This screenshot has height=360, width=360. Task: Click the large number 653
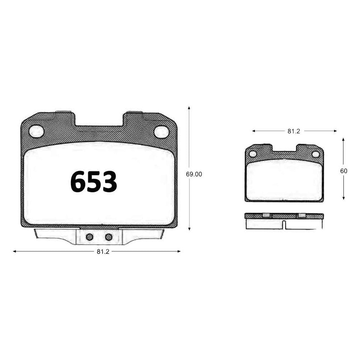[x=94, y=181]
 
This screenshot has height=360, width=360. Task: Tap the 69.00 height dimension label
[x=194, y=174]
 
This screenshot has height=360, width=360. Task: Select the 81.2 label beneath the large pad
[x=103, y=252]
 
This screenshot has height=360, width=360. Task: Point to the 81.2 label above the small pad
[x=294, y=131]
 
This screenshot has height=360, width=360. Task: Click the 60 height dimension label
[x=344, y=171]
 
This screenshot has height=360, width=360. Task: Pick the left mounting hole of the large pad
[x=36, y=131]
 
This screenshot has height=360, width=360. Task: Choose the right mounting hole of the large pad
[x=161, y=132]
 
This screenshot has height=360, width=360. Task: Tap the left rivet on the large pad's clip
[x=90, y=237]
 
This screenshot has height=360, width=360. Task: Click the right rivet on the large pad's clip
[x=109, y=237]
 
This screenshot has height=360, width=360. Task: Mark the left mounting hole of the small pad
[x=253, y=154]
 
